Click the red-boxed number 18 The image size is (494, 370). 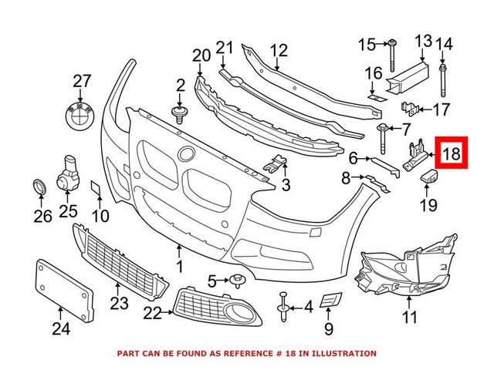pos(452,153)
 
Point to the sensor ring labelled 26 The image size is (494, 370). pos(38,187)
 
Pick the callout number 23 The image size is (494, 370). pos(118,303)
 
